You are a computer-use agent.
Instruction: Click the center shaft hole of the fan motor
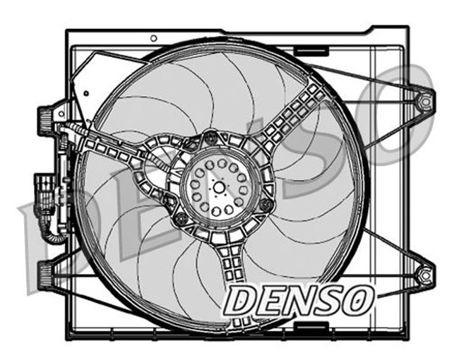coord(220,187)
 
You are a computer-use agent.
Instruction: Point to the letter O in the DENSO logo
coord(358,299)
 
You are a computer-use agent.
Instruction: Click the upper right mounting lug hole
coord(425,101)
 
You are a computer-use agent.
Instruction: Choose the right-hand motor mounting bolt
coord(265,205)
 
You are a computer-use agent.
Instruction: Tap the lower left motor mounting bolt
coord(179,217)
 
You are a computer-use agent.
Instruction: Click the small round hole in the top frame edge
coord(154,37)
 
